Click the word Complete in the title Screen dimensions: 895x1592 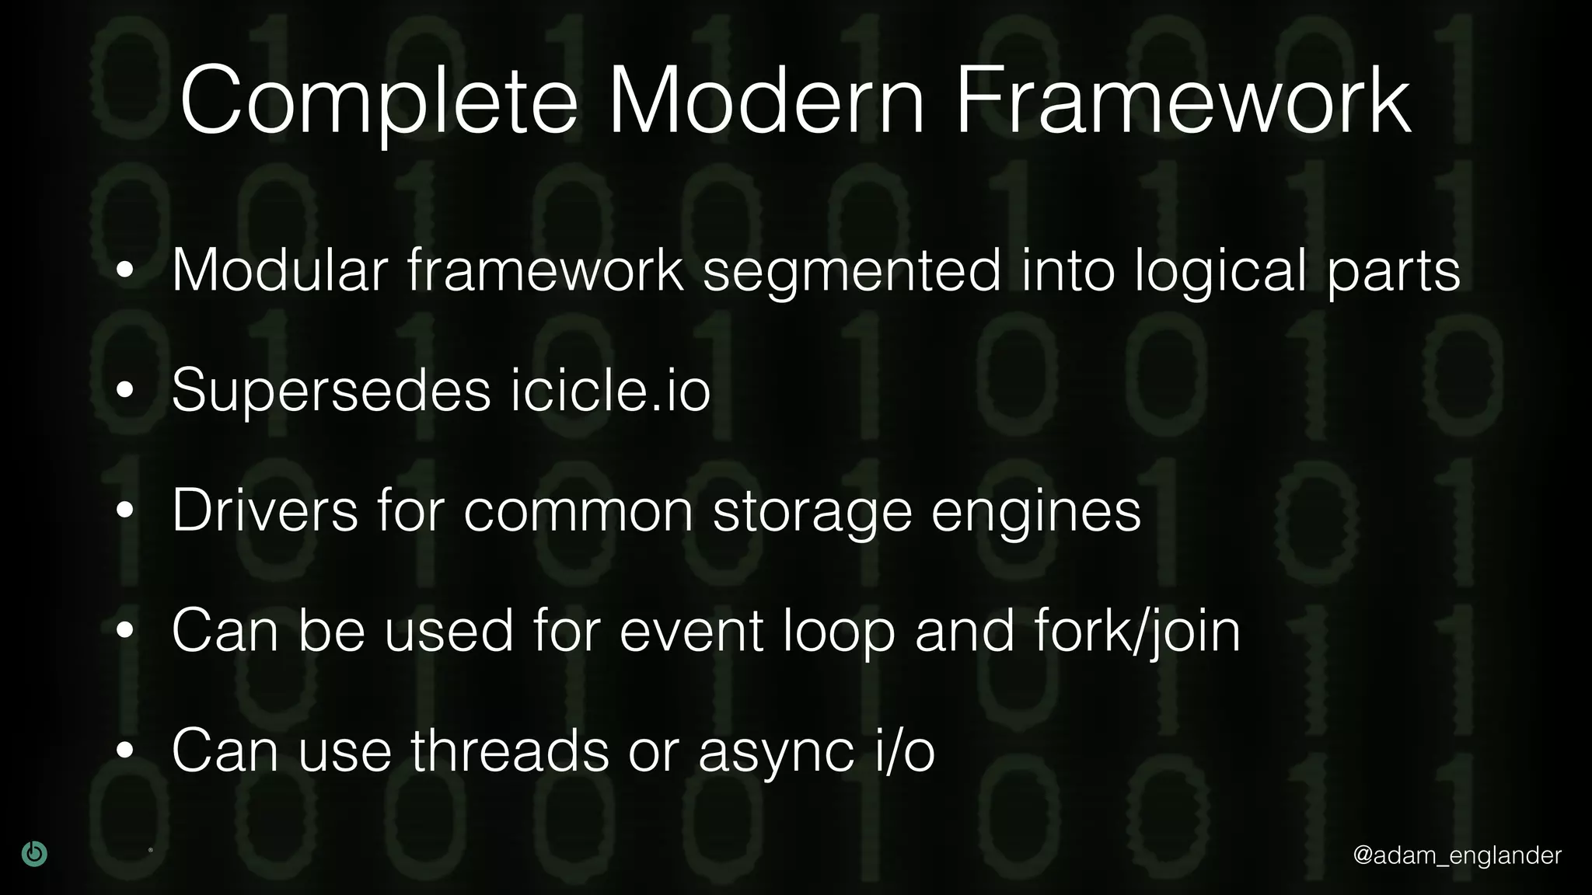[x=379, y=103]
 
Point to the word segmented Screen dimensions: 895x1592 [x=852, y=272]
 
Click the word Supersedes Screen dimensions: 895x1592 [x=331, y=391]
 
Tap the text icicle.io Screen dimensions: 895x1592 [x=611, y=389]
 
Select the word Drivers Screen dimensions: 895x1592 [x=265, y=510]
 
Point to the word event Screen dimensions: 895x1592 [x=691, y=631]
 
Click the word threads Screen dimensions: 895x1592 [x=510, y=751]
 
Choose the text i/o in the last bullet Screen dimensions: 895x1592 [x=905, y=751]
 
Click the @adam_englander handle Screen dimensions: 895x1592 [x=1457, y=855]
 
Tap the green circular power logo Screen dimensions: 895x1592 [x=34, y=854]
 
